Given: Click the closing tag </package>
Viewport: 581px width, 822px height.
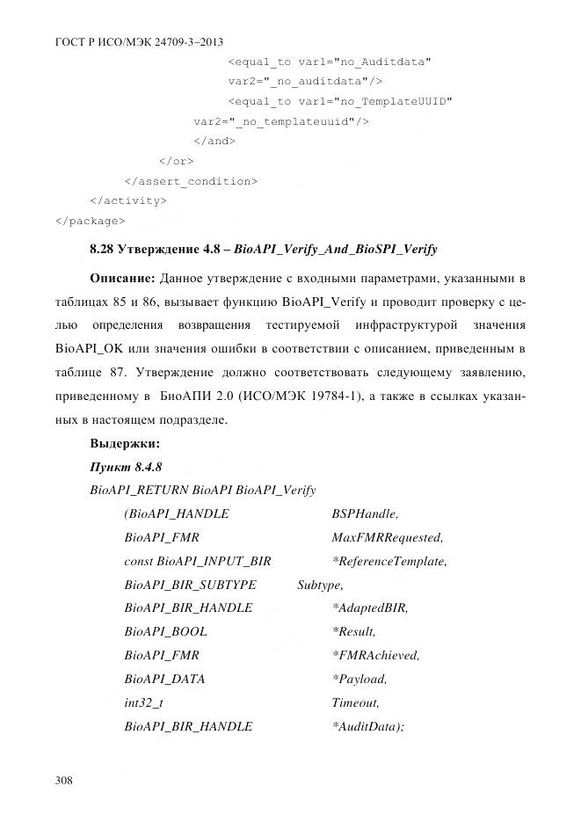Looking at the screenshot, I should point(90,220).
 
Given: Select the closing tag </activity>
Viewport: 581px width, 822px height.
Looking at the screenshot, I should point(128,200).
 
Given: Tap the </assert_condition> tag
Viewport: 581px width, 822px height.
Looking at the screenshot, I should point(191,181).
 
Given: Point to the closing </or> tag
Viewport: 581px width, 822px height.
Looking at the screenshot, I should point(176,161).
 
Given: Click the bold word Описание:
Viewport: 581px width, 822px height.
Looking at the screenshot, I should point(122,279).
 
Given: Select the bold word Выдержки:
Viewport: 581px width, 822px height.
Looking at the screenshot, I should point(124,444).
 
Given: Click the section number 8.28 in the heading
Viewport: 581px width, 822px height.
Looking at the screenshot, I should point(103,250).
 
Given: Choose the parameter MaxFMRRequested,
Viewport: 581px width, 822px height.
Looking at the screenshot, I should point(388,537).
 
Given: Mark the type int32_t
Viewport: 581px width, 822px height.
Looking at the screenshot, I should point(143,703).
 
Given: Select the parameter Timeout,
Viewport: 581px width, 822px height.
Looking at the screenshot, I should point(356,703).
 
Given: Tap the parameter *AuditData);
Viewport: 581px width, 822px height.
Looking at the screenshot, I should point(367,727).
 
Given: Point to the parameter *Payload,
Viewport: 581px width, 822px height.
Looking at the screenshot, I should point(359,680).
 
